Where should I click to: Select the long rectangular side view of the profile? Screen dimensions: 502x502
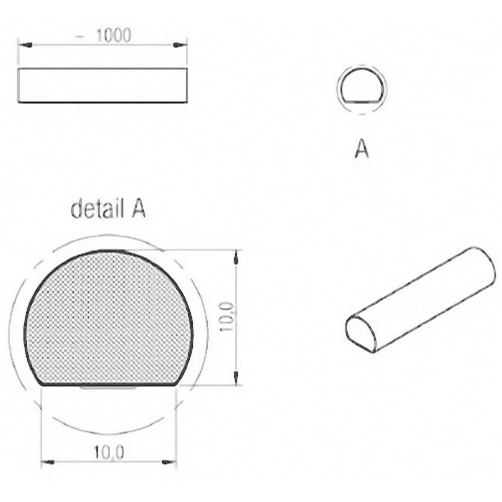point(103,86)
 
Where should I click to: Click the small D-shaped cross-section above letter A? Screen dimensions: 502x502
point(362,87)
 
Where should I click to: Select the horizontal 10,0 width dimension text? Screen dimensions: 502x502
point(108,453)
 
